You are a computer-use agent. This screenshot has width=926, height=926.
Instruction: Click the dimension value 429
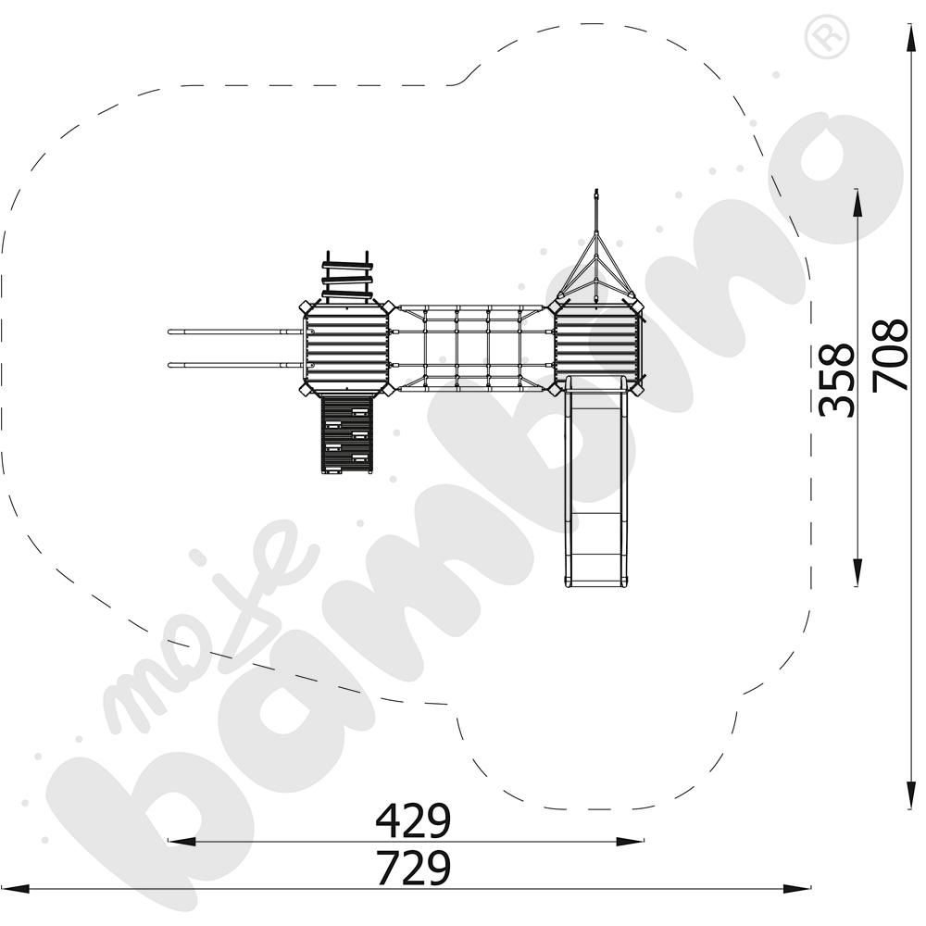413,820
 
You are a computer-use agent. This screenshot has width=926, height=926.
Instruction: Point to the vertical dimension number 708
890,355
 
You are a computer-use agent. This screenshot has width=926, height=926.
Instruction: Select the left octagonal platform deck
346,348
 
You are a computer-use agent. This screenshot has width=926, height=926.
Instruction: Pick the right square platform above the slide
596,345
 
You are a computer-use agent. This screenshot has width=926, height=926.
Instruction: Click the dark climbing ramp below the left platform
346,434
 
